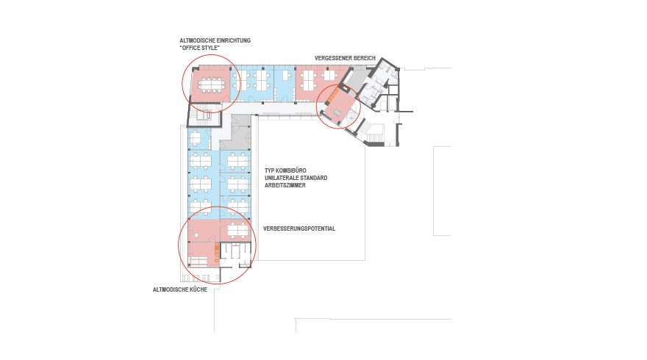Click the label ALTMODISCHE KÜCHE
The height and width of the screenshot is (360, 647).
tap(180, 290)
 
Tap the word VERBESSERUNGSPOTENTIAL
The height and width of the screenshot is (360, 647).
tap(299, 229)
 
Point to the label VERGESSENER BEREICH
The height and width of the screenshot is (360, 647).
tap(345, 59)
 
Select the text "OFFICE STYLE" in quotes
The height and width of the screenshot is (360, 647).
tap(199, 48)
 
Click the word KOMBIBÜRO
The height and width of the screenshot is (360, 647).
tap(291, 170)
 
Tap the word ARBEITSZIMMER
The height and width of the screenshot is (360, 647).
tap(285, 186)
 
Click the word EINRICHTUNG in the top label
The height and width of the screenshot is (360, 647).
tap(234, 41)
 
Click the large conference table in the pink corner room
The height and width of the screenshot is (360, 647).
tap(212, 85)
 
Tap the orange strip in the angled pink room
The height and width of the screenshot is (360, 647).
tap(333, 95)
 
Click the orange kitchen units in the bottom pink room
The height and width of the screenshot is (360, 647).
tap(217, 253)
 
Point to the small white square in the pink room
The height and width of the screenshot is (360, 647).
tap(196, 235)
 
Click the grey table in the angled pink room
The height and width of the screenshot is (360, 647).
tap(337, 112)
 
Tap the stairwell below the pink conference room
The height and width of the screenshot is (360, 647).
tap(204, 115)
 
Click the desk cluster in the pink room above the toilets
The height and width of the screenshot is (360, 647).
tap(237, 229)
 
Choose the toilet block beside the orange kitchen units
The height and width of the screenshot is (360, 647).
tap(235, 255)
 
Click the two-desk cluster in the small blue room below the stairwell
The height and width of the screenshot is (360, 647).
tap(196, 139)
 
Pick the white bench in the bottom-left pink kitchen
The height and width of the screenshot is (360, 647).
tap(198, 262)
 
